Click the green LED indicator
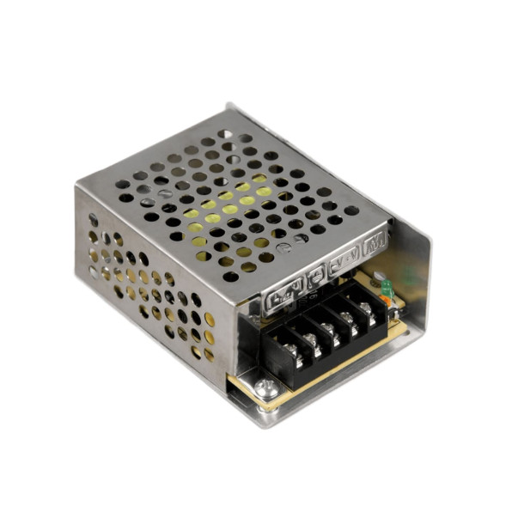pyautogui.click(x=386, y=284)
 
